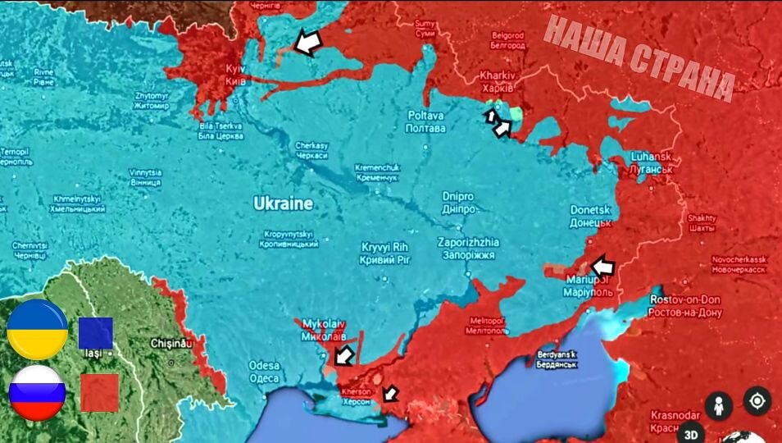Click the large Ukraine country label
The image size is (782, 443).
click(283, 203)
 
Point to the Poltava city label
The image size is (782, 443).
click(426, 122)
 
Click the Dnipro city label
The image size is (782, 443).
click(458, 203)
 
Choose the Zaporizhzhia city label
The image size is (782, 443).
click(468, 249)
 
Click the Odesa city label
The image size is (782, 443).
click(265, 372)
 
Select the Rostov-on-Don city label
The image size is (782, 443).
click(685, 306)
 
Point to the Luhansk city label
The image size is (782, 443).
click(652, 162)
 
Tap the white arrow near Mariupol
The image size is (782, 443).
click(602, 266)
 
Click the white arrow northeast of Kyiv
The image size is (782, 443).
click(308, 43)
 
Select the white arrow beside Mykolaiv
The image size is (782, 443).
click(345, 354)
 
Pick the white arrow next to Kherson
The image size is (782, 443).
click(390, 394)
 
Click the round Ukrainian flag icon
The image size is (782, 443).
click(37, 330)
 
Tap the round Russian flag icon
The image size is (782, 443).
click(37, 392)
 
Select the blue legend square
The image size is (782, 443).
click(96, 333)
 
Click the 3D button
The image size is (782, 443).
click(691, 433)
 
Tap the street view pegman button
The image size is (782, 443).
click(718, 404)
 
